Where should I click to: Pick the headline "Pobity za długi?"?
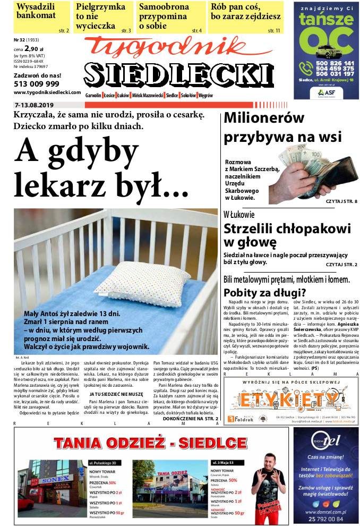(x=264, y=292)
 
